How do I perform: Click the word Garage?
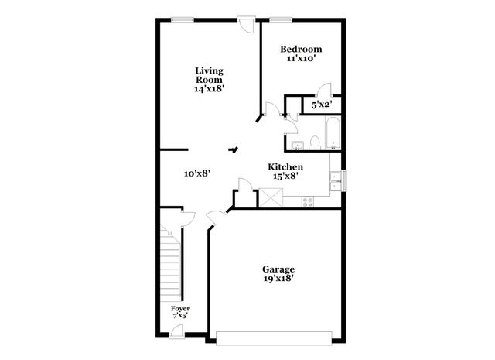(x=278, y=269)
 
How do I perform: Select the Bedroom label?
(x=300, y=49)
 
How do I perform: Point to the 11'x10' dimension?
(x=300, y=58)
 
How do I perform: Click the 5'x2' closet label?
(x=321, y=103)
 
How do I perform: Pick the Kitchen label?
(x=285, y=166)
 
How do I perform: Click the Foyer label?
(x=180, y=308)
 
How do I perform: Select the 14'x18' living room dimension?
(x=209, y=89)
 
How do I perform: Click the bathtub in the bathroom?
(x=331, y=133)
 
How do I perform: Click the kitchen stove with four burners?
(x=306, y=201)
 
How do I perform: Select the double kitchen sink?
(x=336, y=180)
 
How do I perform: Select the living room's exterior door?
(x=247, y=23)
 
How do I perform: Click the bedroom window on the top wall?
(x=281, y=19)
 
